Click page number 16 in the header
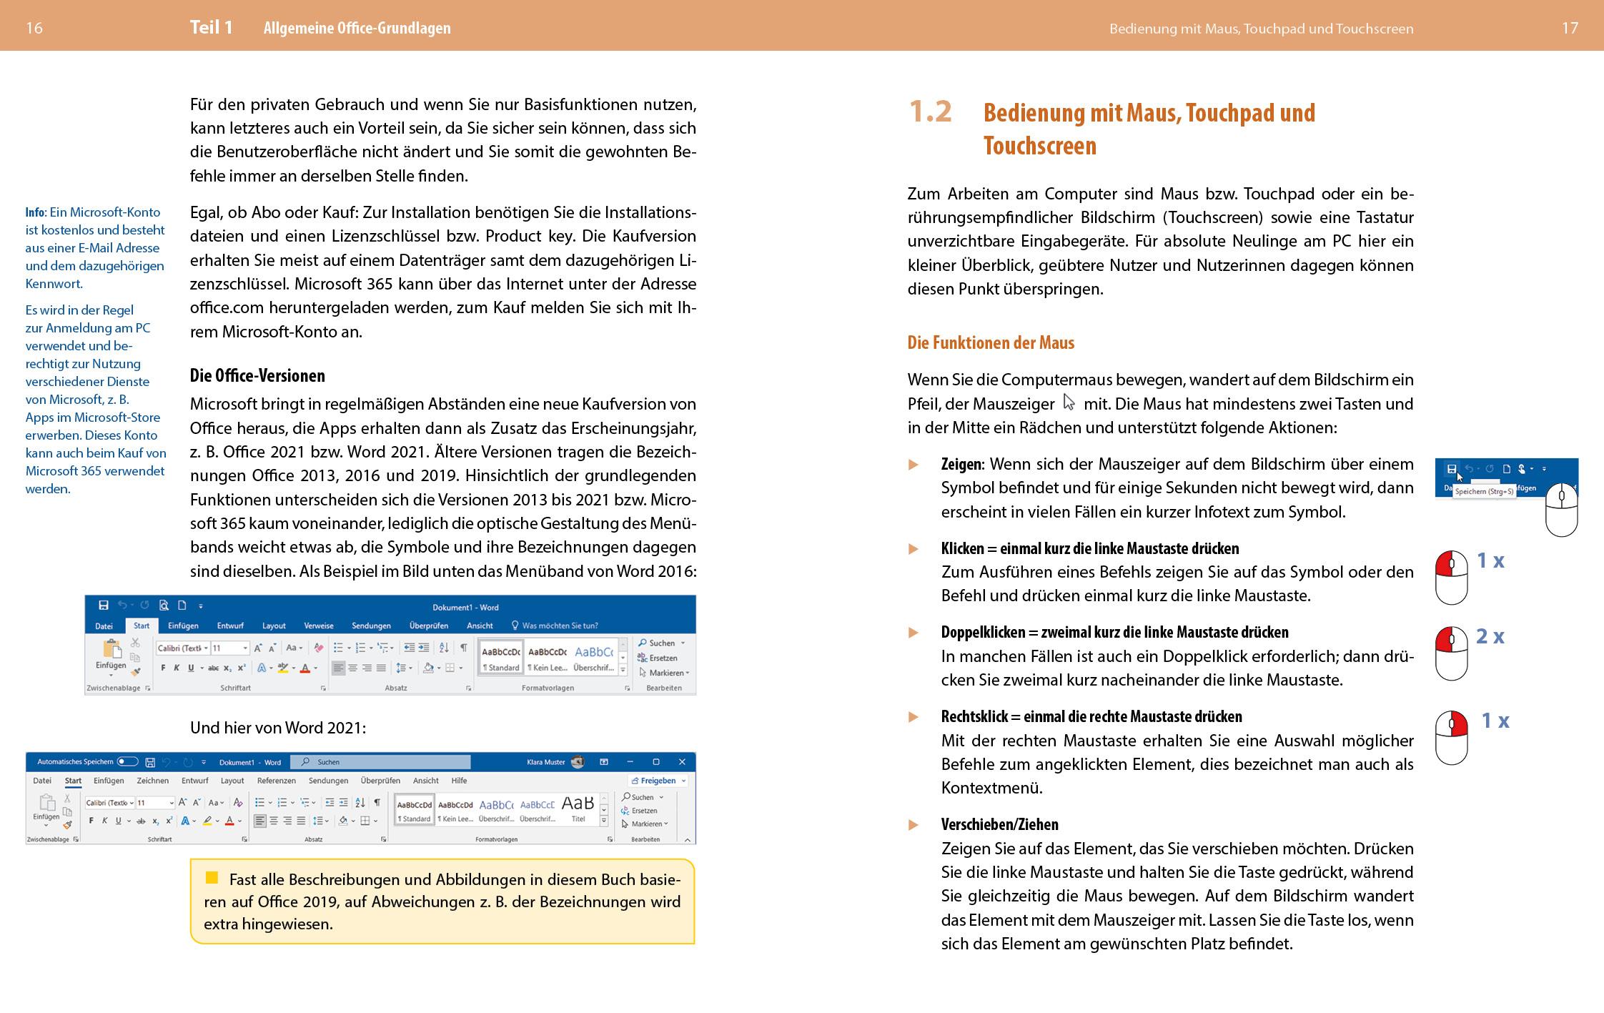point(34,28)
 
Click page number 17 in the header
point(1570,28)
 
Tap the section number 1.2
point(930,112)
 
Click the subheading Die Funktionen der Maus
point(991,343)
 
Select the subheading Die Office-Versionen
point(257,376)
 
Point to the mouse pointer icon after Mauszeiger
point(1069,402)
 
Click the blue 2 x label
point(1490,636)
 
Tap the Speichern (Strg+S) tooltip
point(1485,492)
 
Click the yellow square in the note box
point(212,878)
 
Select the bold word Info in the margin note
point(35,212)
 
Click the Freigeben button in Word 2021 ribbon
point(658,781)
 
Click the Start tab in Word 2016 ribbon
point(142,626)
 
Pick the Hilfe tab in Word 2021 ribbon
point(459,781)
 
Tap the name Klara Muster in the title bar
point(545,762)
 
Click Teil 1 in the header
point(211,28)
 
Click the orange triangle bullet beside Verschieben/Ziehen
point(914,825)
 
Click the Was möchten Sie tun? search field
point(560,626)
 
